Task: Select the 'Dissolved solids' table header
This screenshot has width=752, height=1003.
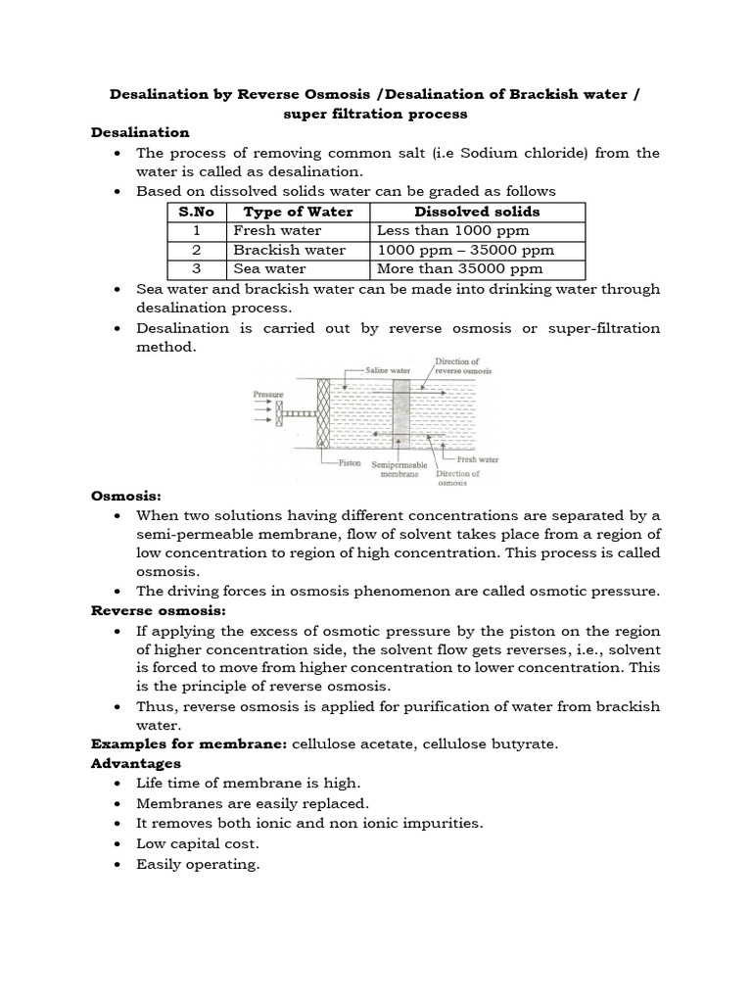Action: (x=477, y=212)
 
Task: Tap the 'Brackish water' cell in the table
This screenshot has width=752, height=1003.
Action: (x=289, y=250)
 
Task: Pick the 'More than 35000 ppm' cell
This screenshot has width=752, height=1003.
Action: (x=459, y=268)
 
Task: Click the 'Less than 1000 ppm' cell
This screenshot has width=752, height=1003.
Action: (x=452, y=231)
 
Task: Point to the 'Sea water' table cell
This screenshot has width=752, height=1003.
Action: (x=269, y=268)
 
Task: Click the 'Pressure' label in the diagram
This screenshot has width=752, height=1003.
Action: (x=268, y=394)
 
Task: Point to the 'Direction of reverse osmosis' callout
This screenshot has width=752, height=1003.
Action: (x=463, y=366)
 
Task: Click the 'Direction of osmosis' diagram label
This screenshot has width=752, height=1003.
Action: (x=457, y=478)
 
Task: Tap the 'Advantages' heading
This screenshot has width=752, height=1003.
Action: (x=135, y=763)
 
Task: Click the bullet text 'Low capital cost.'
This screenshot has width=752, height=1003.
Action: (x=197, y=843)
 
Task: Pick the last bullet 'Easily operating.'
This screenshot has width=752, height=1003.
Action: (x=198, y=864)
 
